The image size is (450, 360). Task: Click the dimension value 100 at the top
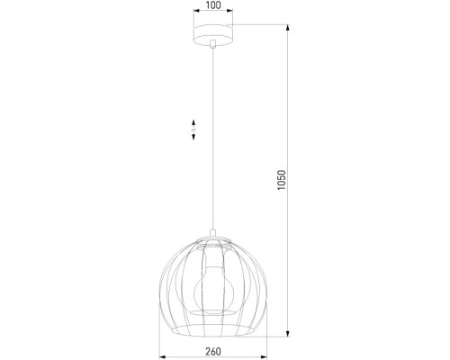(x=211, y=6)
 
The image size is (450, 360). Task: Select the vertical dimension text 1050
(x=282, y=180)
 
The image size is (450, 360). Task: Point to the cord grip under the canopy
(x=211, y=44)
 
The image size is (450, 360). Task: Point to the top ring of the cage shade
(x=211, y=238)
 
